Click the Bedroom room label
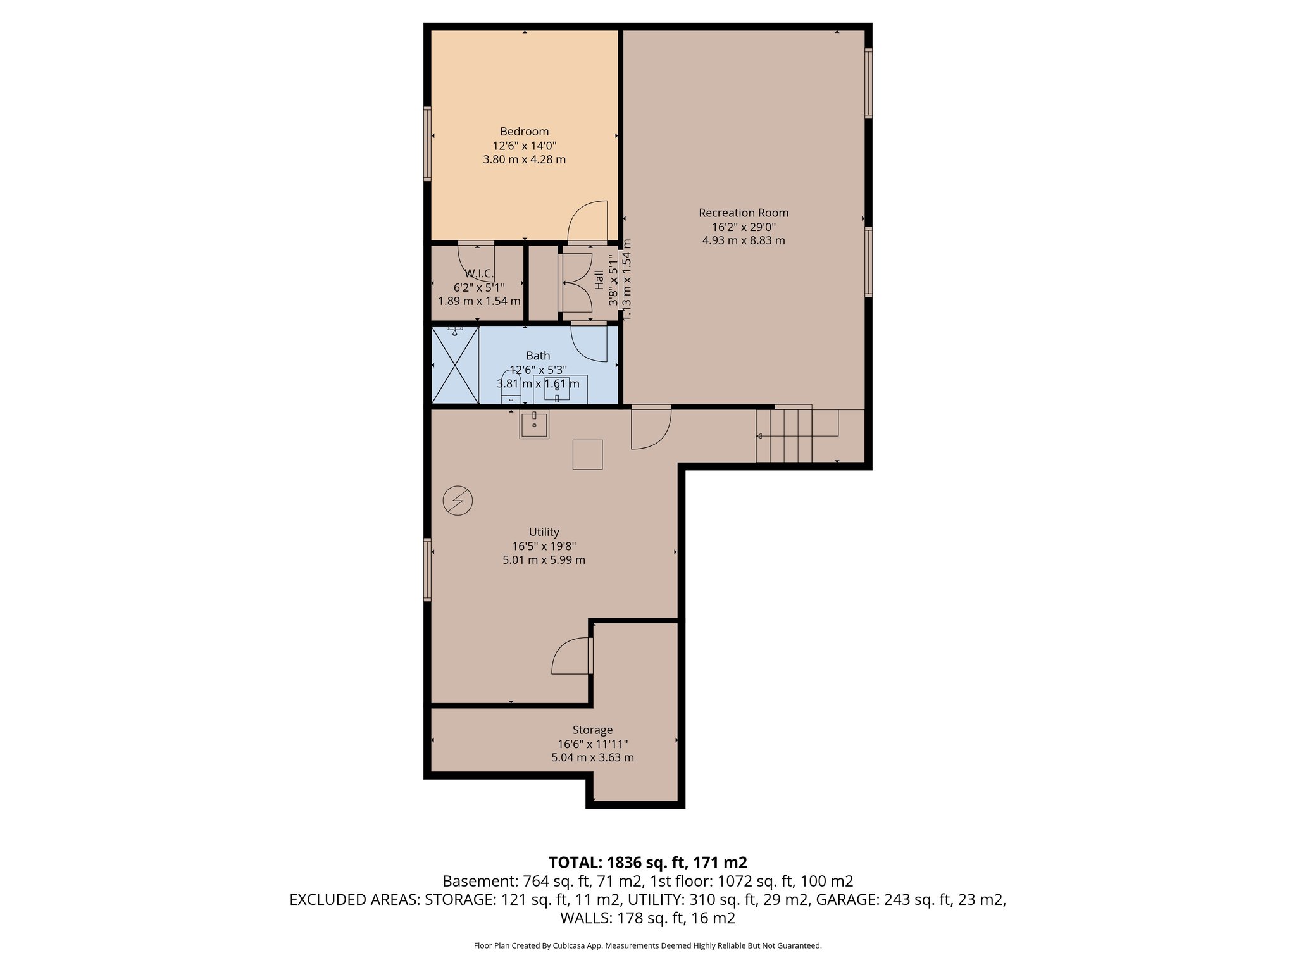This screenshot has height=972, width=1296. [524, 132]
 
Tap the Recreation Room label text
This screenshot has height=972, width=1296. [744, 213]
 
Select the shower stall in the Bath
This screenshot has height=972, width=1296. [455, 364]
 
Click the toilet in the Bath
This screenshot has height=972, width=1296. [511, 388]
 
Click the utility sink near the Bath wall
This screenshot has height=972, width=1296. [534, 424]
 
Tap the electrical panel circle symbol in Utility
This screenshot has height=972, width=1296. [458, 501]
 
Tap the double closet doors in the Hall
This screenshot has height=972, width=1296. [575, 283]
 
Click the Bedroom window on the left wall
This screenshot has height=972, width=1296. [428, 144]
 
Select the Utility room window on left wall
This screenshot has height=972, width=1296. [428, 569]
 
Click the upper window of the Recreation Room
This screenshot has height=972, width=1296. [868, 83]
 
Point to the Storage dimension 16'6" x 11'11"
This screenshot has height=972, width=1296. [592, 744]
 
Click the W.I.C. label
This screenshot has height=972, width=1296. [479, 273]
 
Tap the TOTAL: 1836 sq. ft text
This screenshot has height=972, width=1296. [647, 862]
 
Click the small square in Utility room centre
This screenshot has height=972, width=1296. [587, 454]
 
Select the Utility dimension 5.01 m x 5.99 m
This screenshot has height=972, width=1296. [544, 559]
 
